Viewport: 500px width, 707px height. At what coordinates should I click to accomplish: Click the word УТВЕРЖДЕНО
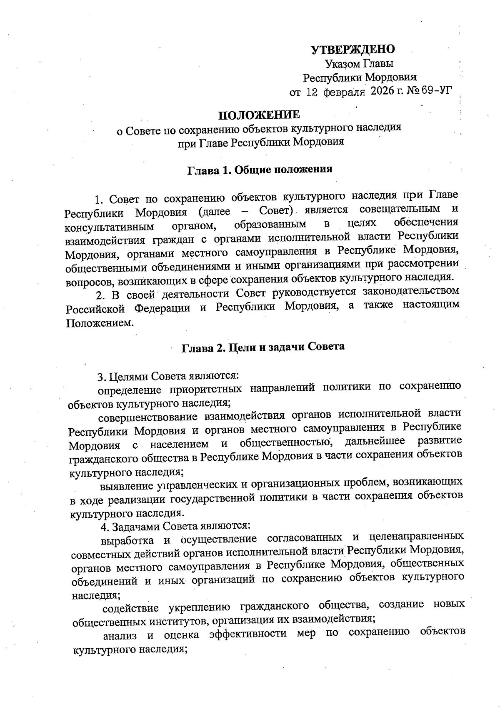[353, 50]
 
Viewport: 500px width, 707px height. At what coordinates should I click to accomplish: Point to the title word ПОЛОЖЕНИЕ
[259, 115]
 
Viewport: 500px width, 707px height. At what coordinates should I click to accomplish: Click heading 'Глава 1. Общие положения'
[259, 170]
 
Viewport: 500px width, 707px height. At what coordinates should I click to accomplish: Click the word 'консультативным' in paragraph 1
[110, 227]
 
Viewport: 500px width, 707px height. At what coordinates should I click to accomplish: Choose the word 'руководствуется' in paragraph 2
[315, 292]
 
